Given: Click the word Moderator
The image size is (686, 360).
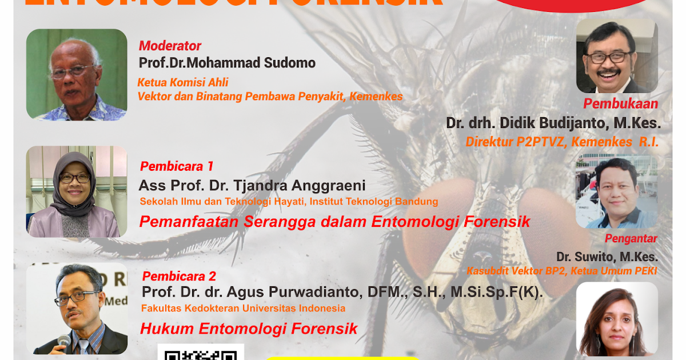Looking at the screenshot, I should pyautogui.click(x=170, y=46).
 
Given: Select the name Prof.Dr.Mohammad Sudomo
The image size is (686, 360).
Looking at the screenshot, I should pyautogui.click(x=227, y=62).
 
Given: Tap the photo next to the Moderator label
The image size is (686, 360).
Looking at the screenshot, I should pyautogui.click(x=77, y=75).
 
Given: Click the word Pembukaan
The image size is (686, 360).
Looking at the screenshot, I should pyautogui.click(x=620, y=104).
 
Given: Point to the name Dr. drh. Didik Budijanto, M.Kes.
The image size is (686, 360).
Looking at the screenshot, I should pyautogui.click(x=553, y=123).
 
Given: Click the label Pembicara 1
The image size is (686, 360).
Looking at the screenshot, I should pyautogui.click(x=177, y=166).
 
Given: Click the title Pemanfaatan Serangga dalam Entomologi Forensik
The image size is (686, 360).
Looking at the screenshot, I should pyautogui.click(x=335, y=222).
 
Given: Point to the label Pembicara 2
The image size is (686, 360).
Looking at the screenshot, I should pyautogui.click(x=179, y=277).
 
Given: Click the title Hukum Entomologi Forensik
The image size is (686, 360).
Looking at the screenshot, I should pyautogui.click(x=249, y=329).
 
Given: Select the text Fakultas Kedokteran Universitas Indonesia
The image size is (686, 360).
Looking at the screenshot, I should pyautogui.click(x=244, y=309).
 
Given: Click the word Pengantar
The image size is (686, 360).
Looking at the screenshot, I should pyautogui.click(x=631, y=238).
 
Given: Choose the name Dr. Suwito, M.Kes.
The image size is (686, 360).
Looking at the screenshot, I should pyautogui.click(x=607, y=257).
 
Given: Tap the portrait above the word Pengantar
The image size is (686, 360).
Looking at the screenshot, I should pyautogui.click(x=616, y=192).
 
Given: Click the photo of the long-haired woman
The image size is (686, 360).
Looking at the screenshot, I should pyautogui.click(x=616, y=320).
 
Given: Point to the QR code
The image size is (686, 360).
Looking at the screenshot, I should pyautogui.click(x=201, y=352).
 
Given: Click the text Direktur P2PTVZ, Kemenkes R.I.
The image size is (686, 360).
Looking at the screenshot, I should pyautogui.click(x=562, y=142).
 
